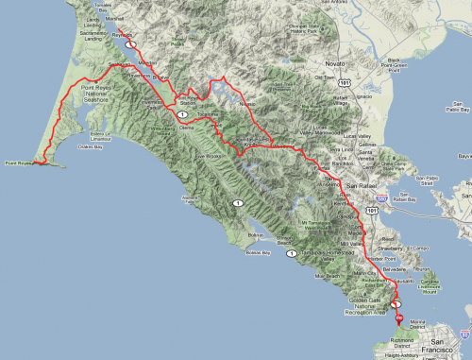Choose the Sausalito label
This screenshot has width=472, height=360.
(x=403, y=281)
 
